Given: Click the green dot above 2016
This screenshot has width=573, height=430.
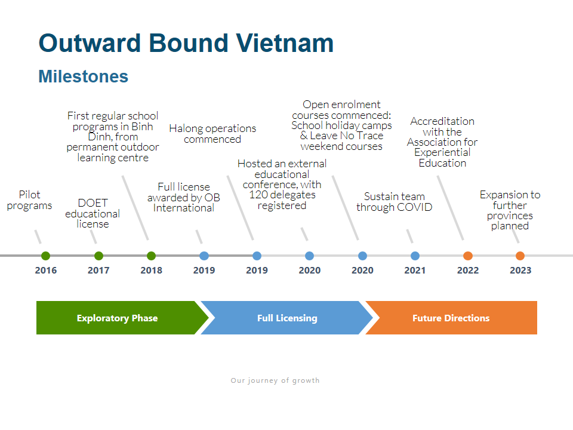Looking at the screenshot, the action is point(46,256).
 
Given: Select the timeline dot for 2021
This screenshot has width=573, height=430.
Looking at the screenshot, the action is point(415,256).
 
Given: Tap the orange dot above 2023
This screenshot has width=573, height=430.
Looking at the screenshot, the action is point(520,256).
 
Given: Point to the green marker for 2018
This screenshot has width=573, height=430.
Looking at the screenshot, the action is point(151,256).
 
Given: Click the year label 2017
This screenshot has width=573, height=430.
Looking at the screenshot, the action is point(98,270).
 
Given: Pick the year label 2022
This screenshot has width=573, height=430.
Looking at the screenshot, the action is point(468,270).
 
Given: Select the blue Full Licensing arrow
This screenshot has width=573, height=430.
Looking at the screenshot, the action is point(287,318).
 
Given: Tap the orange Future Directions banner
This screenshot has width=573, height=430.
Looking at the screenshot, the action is point(451,318).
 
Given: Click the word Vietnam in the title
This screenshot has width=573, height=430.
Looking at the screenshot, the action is point(284,43).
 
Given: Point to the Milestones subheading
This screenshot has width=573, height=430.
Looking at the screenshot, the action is point(84,76).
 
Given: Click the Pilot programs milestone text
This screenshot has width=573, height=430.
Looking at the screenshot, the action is point(30,200).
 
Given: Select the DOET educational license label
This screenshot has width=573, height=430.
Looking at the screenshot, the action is point(93,213).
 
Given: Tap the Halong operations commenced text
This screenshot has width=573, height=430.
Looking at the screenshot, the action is point(212,133).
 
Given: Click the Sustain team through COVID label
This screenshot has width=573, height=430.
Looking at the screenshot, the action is point(395,202).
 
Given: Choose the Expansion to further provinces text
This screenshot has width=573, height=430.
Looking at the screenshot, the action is point(510,210).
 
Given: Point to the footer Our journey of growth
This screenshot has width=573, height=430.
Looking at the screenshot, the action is point(275,380).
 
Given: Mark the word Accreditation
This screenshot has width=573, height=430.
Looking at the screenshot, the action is point(442,121).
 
